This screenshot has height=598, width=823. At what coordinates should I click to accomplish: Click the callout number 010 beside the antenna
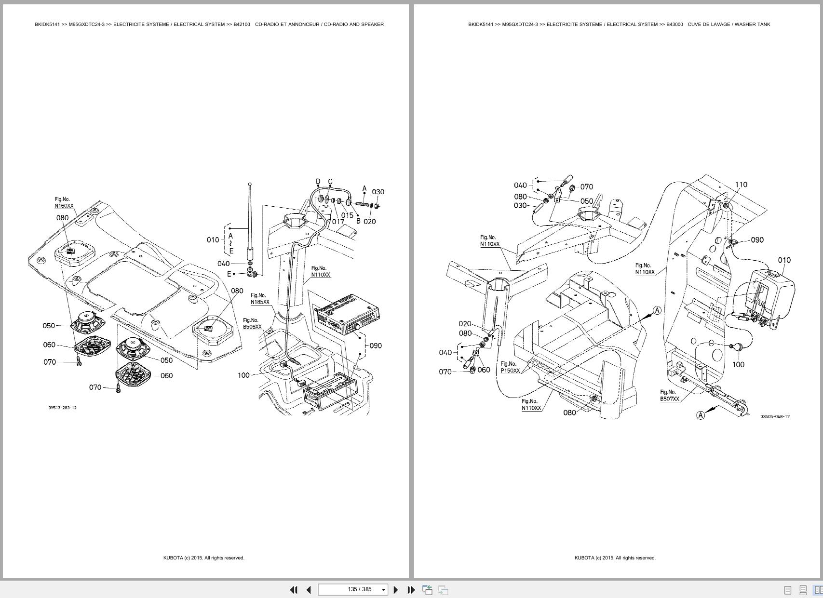click(x=213, y=239)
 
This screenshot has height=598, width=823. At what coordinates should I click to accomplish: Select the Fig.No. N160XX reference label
click(x=64, y=203)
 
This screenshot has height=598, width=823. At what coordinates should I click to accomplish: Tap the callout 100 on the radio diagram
click(x=243, y=375)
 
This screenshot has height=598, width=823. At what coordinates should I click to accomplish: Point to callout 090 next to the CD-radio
click(x=376, y=346)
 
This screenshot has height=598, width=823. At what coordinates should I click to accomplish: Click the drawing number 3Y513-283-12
click(x=62, y=408)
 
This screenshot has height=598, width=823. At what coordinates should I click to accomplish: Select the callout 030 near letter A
click(x=378, y=192)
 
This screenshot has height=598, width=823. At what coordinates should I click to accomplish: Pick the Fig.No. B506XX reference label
click(x=252, y=323)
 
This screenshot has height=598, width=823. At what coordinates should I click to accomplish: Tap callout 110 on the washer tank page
click(x=741, y=185)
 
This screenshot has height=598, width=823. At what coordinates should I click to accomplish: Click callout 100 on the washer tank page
click(x=738, y=365)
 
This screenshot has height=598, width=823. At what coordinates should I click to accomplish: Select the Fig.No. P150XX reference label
click(x=510, y=368)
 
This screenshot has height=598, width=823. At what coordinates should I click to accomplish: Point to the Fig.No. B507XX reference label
click(x=669, y=396)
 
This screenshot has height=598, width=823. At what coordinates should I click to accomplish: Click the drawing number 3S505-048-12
click(x=775, y=417)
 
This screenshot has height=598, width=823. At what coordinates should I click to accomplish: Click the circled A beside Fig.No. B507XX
click(x=701, y=415)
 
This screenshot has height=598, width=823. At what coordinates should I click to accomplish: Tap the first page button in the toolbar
click(x=293, y=590)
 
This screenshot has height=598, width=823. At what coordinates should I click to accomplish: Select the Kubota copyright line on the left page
click(x=203, y=558)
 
